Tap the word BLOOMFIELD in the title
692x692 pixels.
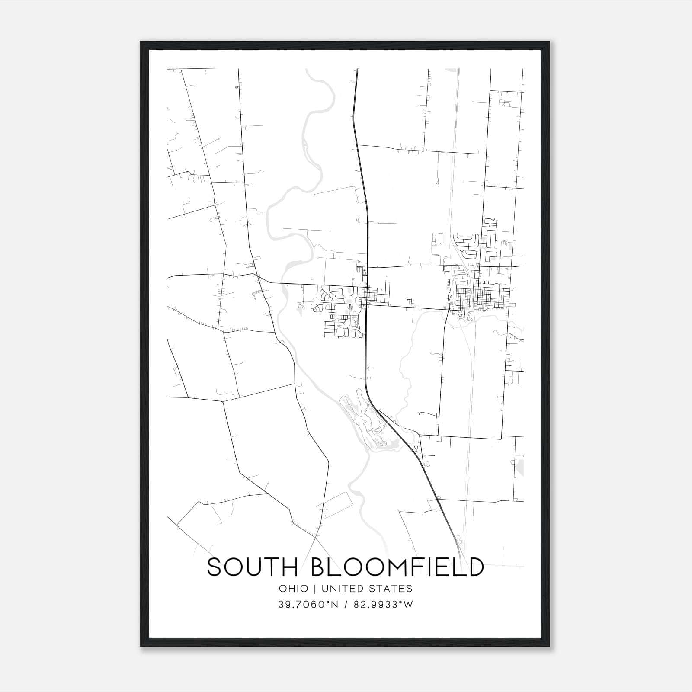point(397,567)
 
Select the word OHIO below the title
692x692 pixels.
point(294,589)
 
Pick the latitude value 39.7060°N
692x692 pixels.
point(308,605)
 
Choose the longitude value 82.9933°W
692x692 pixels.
point(383,605)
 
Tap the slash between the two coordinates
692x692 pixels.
point(346,605)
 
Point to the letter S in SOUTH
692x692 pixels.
point(215,567)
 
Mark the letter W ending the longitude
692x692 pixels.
point(409,605)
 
